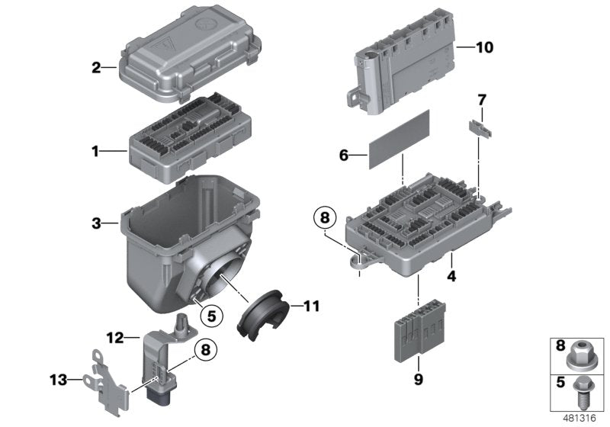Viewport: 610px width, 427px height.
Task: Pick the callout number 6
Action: coord(344,156)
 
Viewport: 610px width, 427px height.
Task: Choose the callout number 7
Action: coord(481,100)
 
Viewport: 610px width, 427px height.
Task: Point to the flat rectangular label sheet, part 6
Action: coord(400,139)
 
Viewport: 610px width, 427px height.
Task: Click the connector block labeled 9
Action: coord(418,335)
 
